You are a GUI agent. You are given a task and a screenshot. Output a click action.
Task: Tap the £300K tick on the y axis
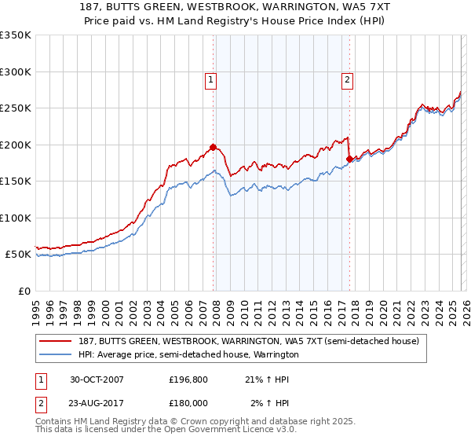pos(16,71)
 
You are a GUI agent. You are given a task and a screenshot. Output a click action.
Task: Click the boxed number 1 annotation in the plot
pos(212,79)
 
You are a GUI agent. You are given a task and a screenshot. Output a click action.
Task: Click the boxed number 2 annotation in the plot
pos(347,79)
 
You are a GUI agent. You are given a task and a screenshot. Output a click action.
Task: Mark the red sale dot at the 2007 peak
pos(214,147)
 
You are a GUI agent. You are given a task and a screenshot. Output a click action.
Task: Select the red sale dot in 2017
pos(349,159)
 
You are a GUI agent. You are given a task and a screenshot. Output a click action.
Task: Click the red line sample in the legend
pos(56,341)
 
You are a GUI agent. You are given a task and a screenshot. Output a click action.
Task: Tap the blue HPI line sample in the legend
pos(56,354)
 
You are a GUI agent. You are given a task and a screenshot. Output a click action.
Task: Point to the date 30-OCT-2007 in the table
pos(97,379)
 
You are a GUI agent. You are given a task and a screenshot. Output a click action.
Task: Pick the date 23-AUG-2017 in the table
pos(97,403)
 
